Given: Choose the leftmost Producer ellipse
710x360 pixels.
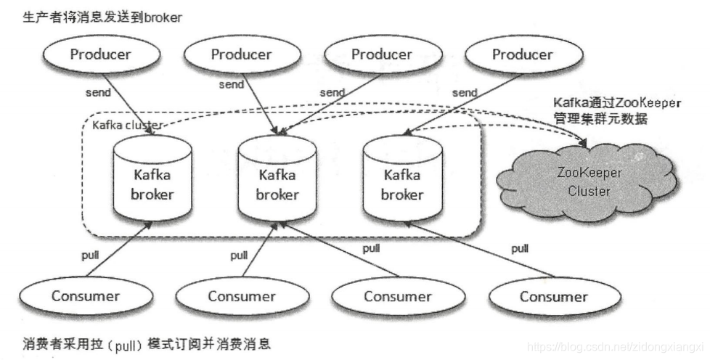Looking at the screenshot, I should [101, 54].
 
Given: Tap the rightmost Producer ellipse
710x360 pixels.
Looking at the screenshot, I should [522, 54].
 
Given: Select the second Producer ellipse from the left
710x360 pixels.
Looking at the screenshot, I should [242, 54].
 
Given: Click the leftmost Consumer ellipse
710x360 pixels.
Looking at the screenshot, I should [86, 295].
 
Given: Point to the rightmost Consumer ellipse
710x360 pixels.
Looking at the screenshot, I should [554, 296].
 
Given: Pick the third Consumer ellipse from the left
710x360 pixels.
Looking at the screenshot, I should [398, 296].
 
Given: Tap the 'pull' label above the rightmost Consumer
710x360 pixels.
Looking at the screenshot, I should [520, 248].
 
